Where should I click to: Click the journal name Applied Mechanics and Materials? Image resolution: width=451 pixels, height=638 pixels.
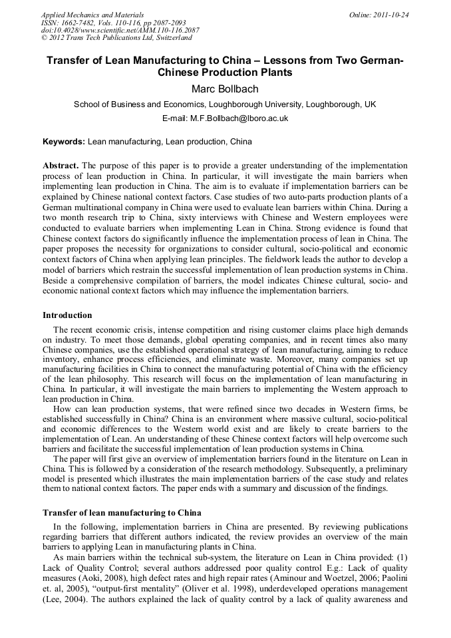coord(92,15)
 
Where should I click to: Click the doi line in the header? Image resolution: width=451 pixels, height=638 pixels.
coord(120,31)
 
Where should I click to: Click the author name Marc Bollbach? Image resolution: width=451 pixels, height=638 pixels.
coord(225,88)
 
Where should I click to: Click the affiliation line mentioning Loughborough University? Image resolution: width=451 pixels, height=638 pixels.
coord(225,104)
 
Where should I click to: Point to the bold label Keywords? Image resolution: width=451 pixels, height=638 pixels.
coord(64,142)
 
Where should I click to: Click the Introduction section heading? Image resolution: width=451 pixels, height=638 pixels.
coord(67,315)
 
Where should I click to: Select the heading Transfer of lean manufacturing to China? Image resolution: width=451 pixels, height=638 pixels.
coord(122,513)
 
